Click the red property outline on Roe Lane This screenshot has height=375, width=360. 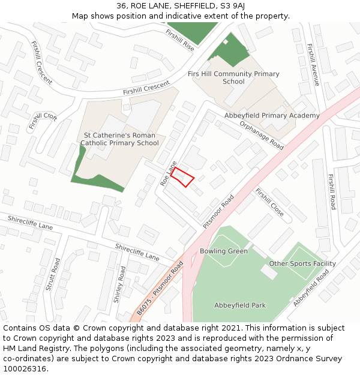[x=182, y=178]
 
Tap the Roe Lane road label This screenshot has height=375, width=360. [x=169, y=172]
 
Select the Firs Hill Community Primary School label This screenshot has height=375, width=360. [x=233, y=78]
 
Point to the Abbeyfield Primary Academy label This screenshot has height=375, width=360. [x=272, y=115]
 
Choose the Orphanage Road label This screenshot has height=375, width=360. [x=261, y=135]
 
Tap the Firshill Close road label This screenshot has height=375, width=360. [x=269, y=202]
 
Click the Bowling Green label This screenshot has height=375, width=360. [x=224, y=251]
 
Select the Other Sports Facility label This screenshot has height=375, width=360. [x=302, y=263]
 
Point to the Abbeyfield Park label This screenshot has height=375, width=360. [x=240, y=305]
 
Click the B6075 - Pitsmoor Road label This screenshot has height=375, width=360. [x=160, y=287]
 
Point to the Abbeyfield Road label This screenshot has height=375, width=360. [x=311, y=288]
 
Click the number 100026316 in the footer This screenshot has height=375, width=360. [x=25, y=368]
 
